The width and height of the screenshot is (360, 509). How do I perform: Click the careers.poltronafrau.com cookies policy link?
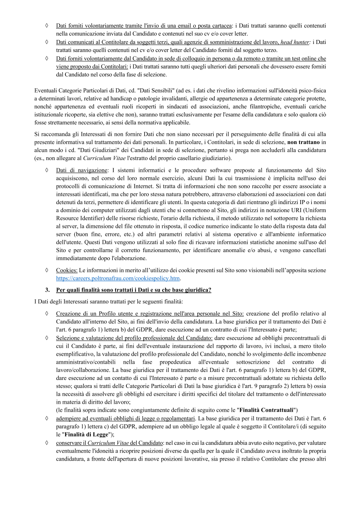click(118, 278)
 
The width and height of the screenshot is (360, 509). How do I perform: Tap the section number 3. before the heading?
click(47, 290)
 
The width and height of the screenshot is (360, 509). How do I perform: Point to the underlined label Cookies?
click(67, 270)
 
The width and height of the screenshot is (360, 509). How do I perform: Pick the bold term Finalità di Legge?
click(87, 434)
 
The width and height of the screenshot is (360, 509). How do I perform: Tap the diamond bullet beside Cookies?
click(47, 270)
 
